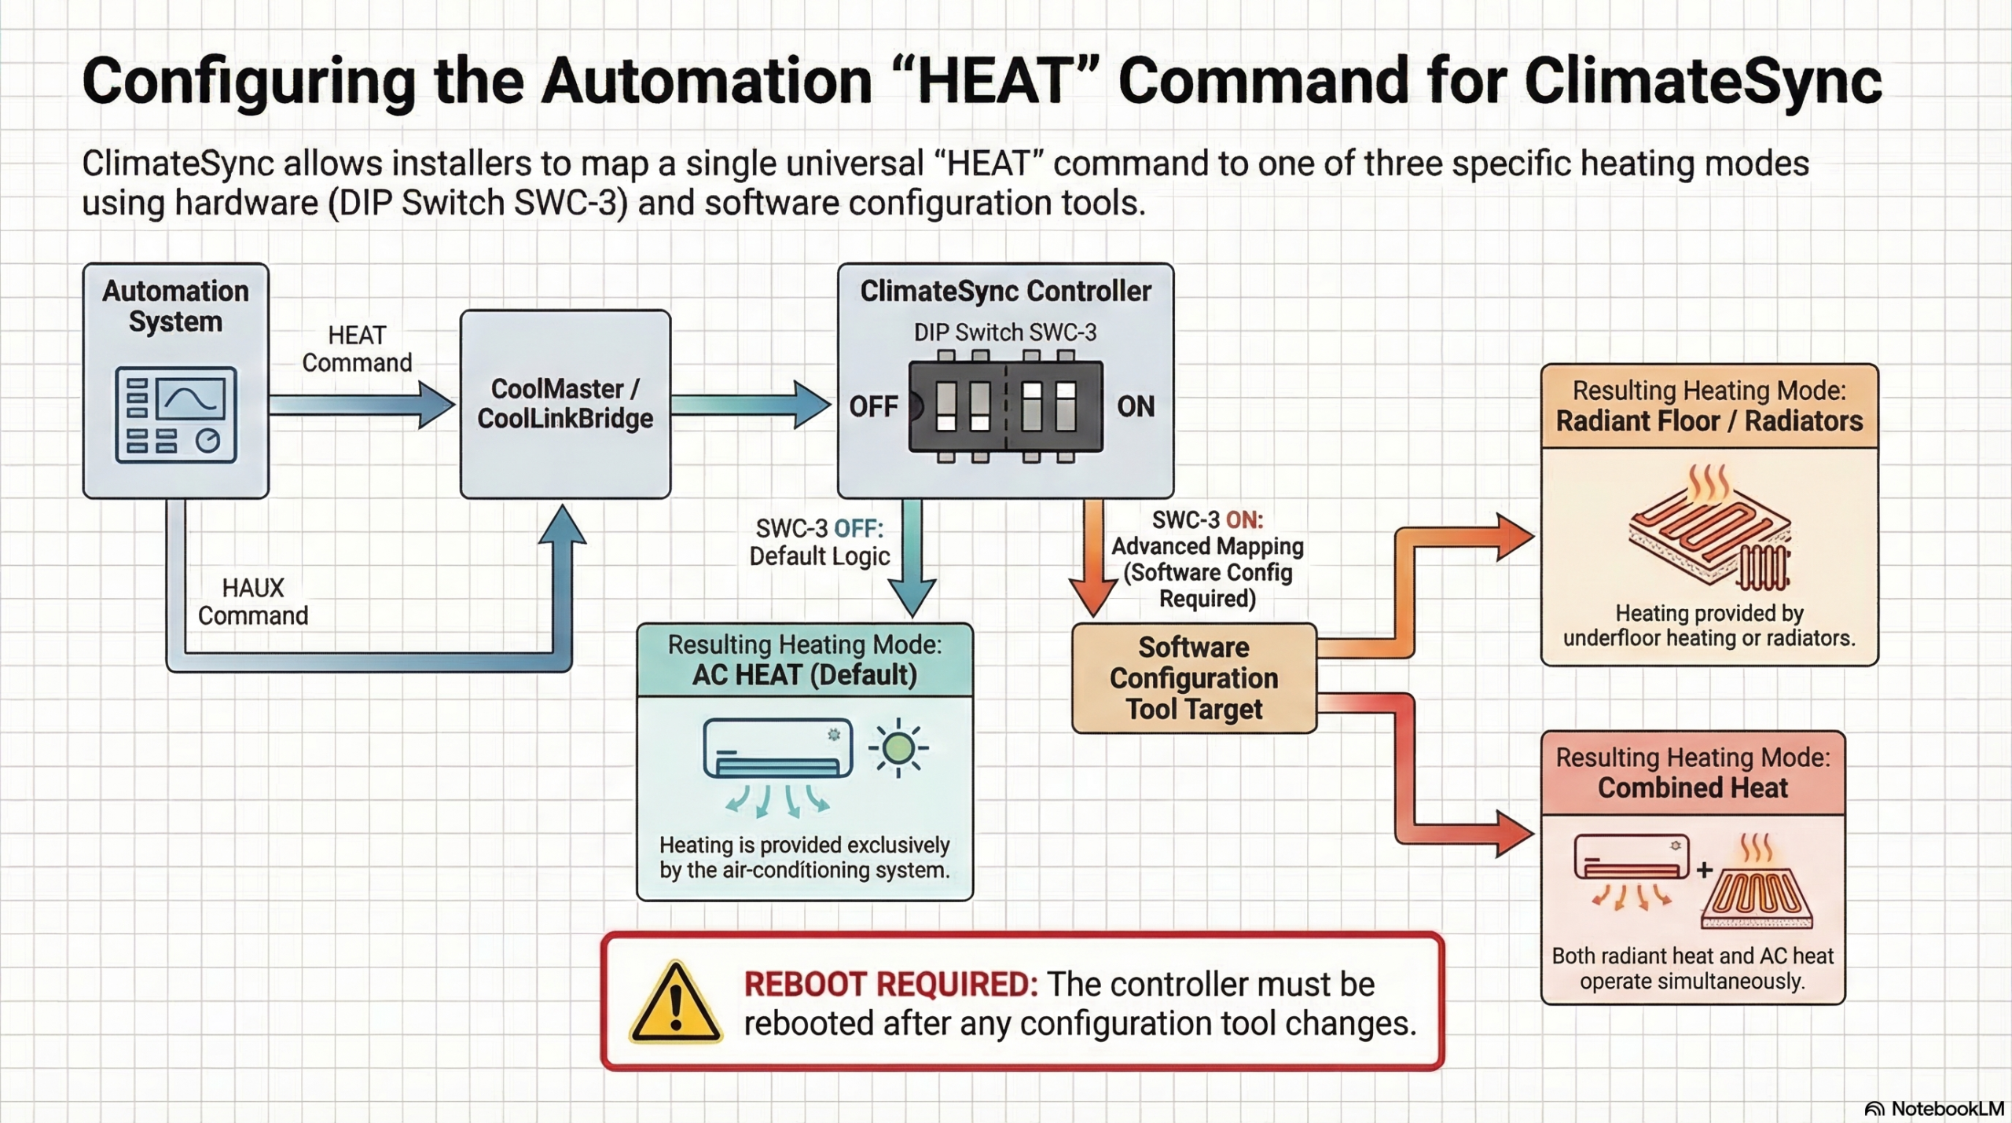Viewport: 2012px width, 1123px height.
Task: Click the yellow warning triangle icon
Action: [x=675, y=1003]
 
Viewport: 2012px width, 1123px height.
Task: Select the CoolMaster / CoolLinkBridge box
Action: [x=565, y=404]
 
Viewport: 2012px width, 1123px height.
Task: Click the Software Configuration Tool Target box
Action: [x=1194, y=678]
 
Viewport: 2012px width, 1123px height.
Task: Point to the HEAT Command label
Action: [x=357, y=349]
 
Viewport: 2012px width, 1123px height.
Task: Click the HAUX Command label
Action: [x=253, y=602]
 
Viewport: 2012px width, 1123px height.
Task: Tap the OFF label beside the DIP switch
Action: [x=873, y=406]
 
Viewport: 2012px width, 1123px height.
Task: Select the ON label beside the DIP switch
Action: [x=1136, y=406]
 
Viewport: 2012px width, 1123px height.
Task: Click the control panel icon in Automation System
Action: [x=176, y=414]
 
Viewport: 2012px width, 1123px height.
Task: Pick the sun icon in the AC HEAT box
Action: [x=898, y=747]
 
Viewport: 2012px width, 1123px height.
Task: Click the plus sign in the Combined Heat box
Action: [x=1704, y=870]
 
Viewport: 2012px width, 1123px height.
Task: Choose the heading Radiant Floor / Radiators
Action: [x=1709, y=421]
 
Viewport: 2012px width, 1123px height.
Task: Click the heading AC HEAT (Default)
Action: [x=804, y=675]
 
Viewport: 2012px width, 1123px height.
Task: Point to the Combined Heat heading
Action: [x=1693, y=788]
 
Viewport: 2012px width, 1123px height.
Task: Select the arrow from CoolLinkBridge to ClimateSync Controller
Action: [x=751, y=405]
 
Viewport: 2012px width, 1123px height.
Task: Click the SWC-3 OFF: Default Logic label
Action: [x=819, y=542]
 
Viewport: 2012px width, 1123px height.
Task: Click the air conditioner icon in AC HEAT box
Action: [x=777, y=749]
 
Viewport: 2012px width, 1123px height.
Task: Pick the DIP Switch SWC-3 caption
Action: [x=1005, y=332]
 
